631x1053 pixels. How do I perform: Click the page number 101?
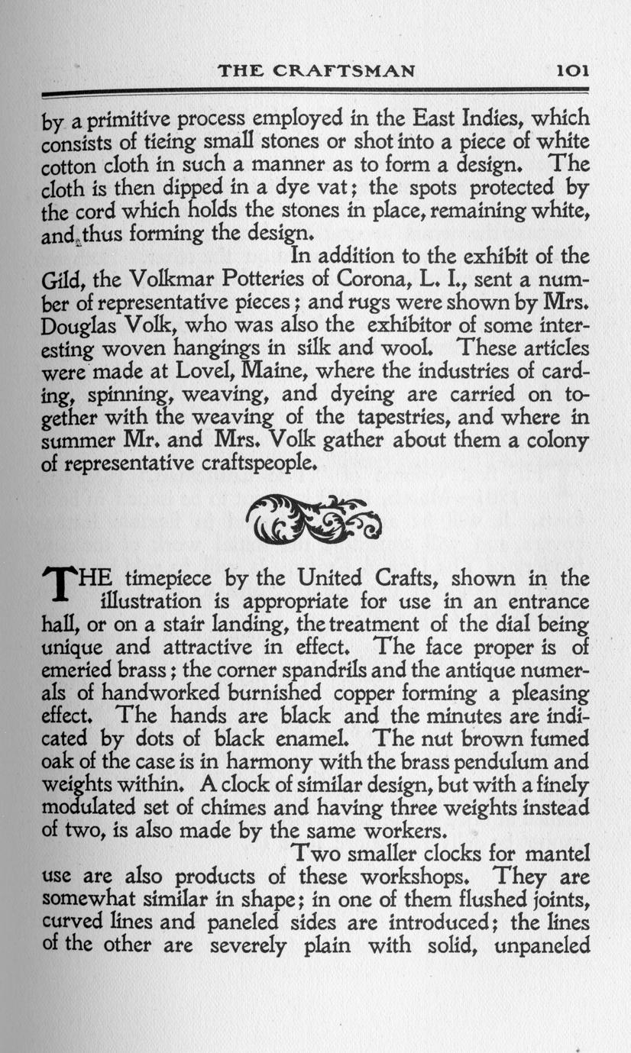point(571,71)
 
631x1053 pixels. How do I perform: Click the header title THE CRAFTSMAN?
point(316,71)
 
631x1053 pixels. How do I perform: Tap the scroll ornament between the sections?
point(313,516)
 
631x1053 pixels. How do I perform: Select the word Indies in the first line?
point(487,120)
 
